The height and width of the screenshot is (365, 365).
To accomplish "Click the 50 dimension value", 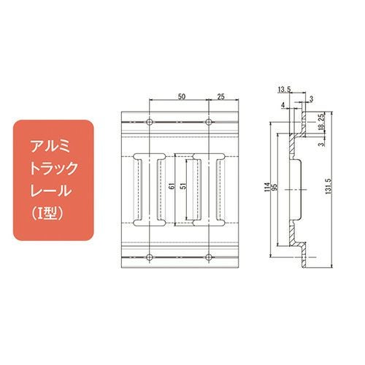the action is tap(182, 96).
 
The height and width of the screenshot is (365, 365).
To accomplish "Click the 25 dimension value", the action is tap(220, 96).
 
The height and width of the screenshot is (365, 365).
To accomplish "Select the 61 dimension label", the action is tap(172, 187).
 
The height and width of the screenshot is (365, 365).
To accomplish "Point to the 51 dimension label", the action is tap(184, 186).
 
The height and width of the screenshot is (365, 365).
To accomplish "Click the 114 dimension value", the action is tap(268, 187).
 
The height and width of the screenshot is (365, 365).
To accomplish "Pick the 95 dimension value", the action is tap(274, 187).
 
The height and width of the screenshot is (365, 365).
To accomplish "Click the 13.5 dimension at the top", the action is tap(284, 90).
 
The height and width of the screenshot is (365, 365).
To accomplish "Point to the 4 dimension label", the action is tap(283, 105).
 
